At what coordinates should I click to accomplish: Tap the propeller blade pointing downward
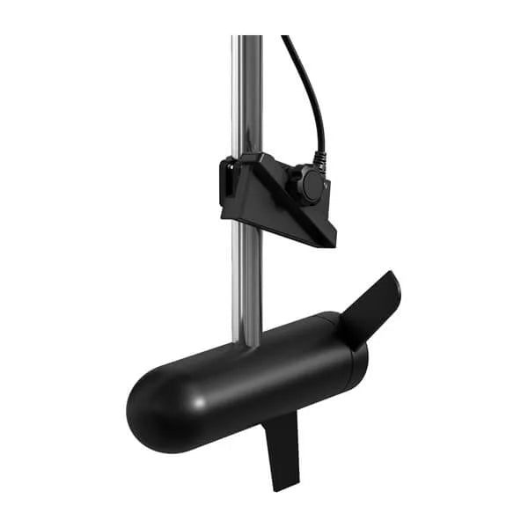coord(283,449)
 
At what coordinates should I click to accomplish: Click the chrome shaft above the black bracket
coord(247,97)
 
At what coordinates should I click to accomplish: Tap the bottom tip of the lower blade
coord(283,487)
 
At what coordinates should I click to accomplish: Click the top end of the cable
coord(285,38)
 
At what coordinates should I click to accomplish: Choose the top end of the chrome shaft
coord(247,39)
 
